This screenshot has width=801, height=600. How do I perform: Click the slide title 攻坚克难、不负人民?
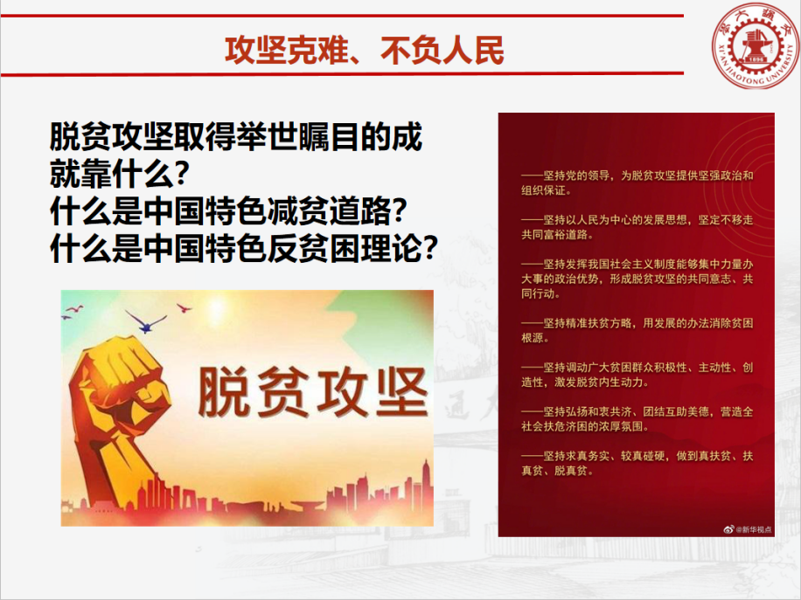pos(365,51)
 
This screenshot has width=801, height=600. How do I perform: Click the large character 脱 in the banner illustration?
pos(225,392)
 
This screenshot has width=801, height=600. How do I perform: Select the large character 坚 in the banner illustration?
pos(401,392)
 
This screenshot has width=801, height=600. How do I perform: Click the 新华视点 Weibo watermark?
pos(748,529)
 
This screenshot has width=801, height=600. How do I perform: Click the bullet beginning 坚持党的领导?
pos(637,183)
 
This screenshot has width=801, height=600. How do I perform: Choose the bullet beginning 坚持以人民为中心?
pos(637,227)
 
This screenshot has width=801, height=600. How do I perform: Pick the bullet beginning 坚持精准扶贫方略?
pos(637,330)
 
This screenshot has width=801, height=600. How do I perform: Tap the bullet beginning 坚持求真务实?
pos(637,463)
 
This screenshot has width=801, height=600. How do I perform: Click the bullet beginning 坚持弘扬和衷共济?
pos(637,418)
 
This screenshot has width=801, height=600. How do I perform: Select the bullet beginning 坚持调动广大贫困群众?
pos(637,375)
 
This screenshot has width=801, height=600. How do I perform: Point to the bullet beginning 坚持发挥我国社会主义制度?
pos(637,279)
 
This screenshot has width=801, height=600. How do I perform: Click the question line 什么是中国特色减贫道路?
pos(228,211)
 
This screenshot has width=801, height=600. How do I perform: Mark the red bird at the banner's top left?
pos(74,309)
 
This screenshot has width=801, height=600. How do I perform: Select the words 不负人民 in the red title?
pos(442,51)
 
